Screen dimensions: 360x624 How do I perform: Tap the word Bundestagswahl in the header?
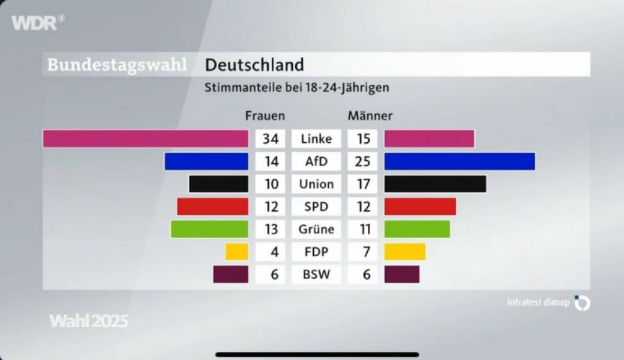pos(117,65)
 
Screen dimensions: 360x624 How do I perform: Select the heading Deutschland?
pos(254,65)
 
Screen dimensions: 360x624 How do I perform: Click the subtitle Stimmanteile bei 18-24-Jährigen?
pos(297,88)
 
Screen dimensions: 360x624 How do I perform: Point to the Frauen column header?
pos(265,115)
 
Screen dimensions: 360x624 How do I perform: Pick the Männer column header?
pos(370,115)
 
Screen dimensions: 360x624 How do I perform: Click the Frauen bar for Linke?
pos(145,139)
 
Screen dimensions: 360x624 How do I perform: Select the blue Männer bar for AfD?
pos(459,161)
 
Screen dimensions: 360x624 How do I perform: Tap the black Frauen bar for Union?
pos(218,184)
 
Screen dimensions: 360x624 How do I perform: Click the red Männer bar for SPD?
pos(420,206)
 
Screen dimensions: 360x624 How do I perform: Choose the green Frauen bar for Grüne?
pos(209,229)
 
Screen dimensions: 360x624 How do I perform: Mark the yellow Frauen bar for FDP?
pos(236,251)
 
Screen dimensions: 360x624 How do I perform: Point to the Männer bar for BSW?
pos(402,274)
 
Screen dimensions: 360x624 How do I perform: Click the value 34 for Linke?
pos(271,139)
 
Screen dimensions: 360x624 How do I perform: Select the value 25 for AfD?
pos(363,161)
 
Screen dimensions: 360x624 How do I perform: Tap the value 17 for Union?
pos(363,184)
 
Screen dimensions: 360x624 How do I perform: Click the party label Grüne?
pos(316,229)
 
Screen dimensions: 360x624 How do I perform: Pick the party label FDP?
pos(316,251)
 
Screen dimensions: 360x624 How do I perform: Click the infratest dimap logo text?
pos(538,302)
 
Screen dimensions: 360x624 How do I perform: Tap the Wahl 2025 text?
pos(89,321)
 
